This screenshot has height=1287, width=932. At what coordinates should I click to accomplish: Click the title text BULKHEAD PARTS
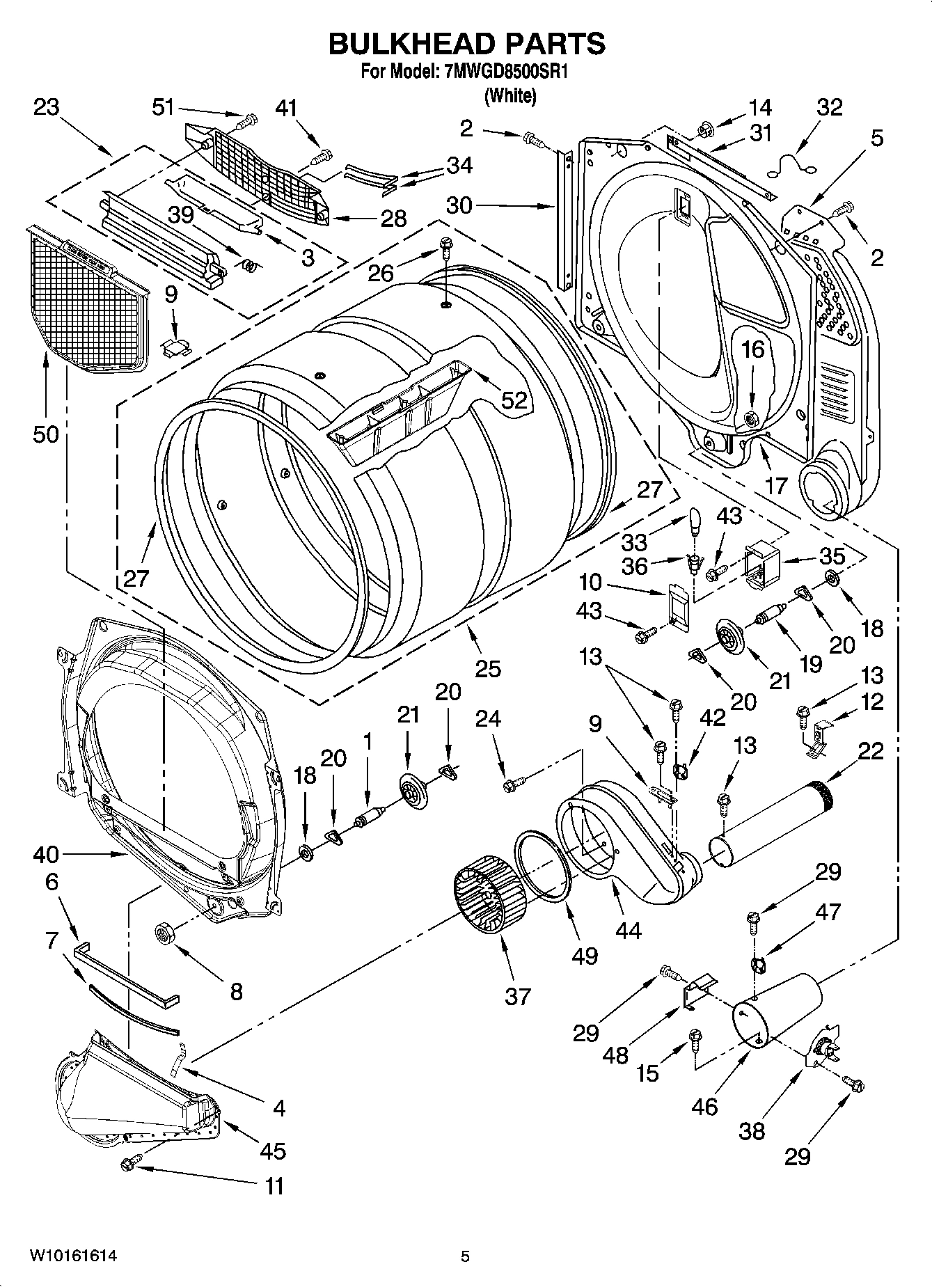[x=466, y=43]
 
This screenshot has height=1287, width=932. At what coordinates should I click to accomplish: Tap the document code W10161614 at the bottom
[x=72, y=1256]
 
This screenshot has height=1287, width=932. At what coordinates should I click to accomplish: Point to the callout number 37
[x=518, y=996]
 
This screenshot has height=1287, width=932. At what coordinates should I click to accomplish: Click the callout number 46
[x=704, y=1106]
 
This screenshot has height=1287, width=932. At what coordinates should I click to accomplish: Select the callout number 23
[x=46, y=107]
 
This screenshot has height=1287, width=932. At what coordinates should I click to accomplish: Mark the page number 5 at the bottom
[x=465, y=1256]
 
